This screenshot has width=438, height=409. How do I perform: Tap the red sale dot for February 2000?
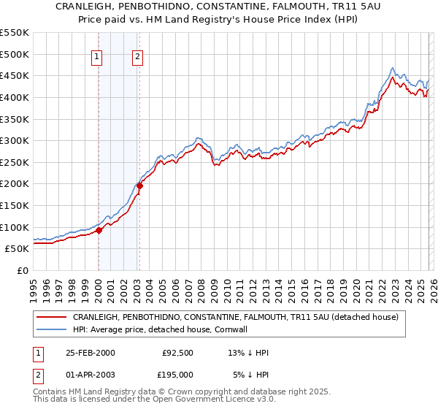point(99,230)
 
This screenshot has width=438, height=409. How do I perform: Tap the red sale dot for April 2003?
point(139,186)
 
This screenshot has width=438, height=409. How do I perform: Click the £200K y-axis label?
point(15,183)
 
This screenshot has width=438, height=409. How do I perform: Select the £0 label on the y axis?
point(23,270)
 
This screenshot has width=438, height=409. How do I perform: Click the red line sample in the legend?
point(51,318)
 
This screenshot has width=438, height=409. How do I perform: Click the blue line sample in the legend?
point(51,329)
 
